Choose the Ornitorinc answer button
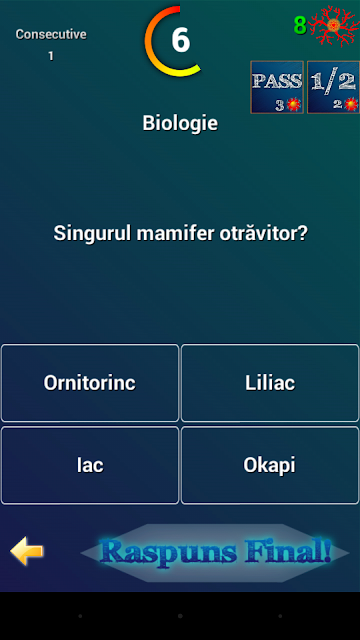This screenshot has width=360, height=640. (90, 383)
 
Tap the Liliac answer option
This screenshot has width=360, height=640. (270, 383)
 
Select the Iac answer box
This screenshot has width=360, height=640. (90, 465)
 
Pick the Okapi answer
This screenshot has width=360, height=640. (270, 465)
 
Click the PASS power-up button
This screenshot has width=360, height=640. (277, 87)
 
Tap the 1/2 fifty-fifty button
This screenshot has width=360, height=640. (333, 87)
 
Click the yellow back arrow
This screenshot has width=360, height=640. (27, 551)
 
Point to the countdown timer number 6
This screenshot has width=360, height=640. (180, 40)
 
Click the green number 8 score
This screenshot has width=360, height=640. (300, 26)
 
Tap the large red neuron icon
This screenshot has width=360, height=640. (334, 25)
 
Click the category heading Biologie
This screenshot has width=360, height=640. (180, 123)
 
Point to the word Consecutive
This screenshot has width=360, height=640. (51, 34)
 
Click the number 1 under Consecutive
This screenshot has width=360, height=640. (51, 56)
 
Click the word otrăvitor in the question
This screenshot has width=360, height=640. (263, 233)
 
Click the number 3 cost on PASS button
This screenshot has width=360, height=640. (280, 105)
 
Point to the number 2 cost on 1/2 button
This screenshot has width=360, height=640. (338, 105)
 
